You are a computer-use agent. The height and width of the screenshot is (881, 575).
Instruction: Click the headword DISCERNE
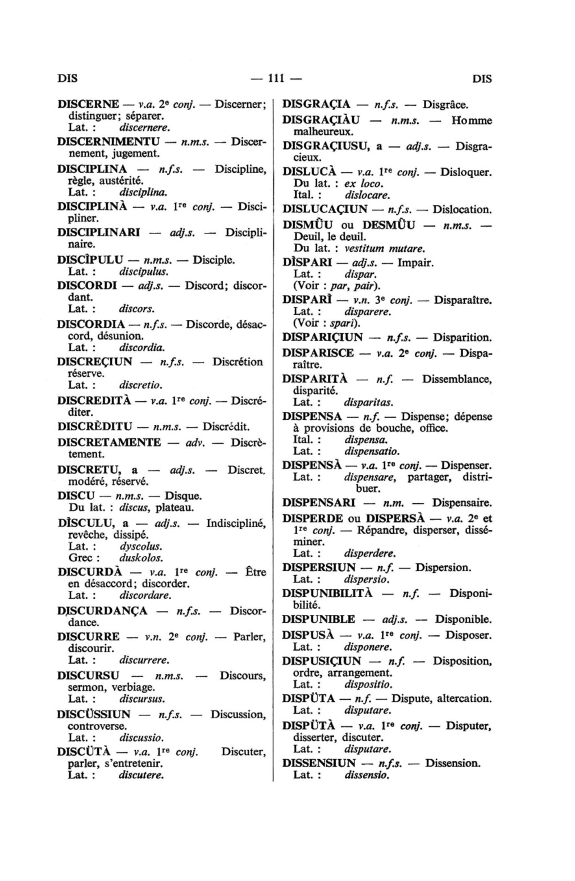tap(88, 104)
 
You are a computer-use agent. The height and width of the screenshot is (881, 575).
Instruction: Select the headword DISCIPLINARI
tap(99, 232)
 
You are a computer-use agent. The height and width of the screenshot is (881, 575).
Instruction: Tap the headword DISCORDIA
tap(91, 324)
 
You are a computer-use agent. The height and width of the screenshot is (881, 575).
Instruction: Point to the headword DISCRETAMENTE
tap(109, 442)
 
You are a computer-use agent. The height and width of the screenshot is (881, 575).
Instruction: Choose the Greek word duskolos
tap(141, 558)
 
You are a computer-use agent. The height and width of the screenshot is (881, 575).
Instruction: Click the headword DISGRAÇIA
tap(316, 104)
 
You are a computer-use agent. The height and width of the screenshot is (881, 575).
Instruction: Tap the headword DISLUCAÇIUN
tap(325, 209)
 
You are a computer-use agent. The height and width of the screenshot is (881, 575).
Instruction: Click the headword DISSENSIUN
tap(319, 763)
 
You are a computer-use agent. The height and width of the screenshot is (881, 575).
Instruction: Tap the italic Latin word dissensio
tap(367, 776)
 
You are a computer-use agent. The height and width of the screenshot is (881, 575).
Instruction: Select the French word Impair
tap(416, 262)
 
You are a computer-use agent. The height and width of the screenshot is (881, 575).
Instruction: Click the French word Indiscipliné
tap(236, 523)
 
